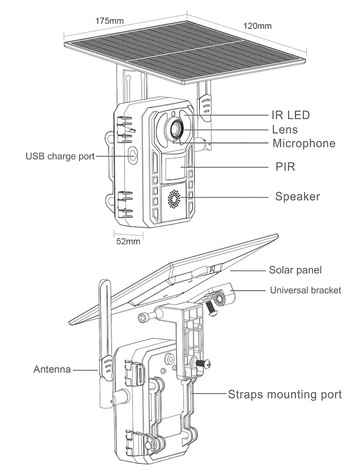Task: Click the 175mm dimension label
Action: click(109, 21)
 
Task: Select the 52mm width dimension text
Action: click(128, 242)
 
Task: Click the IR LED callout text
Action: click(291, 115)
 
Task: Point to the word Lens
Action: click(285, 129)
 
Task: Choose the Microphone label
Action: click(304, 143)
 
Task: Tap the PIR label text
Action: click(285, 167)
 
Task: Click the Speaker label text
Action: click(298, 197)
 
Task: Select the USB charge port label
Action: click(60, 157)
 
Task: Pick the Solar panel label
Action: click(295, 270)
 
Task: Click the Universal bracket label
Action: click(305, 290)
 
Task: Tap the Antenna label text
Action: click(52, 369)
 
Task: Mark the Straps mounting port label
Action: click(284, 394)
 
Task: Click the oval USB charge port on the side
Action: click(132, 155)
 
